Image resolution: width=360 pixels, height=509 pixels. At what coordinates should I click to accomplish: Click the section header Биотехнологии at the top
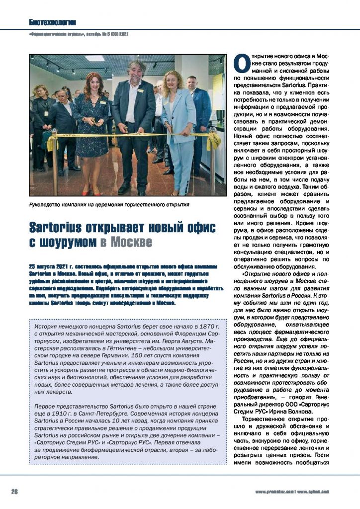point(52,22)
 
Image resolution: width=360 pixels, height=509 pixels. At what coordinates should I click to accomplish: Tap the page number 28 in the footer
point(15,492)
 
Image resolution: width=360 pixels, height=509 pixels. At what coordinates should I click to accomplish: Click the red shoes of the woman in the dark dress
point(90,192)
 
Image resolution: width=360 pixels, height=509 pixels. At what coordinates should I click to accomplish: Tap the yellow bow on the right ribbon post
point(211,140)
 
